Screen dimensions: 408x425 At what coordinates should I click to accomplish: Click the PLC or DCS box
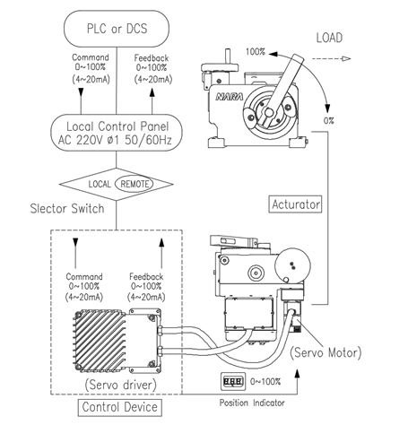(117, 29)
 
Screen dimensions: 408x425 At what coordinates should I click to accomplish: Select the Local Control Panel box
(117, 133)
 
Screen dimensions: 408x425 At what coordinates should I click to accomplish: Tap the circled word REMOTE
(134, 184)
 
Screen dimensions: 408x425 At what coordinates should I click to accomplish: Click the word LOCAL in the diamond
(100, 184)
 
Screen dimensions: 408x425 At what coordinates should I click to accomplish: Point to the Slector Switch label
(67, 208)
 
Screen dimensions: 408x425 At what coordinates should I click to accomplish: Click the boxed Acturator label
(295, 204)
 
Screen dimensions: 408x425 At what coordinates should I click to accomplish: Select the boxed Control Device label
(120, 407)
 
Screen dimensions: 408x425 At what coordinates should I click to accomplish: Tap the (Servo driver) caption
(120, 385)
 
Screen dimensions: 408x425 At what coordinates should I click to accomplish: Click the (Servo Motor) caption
(326, 352)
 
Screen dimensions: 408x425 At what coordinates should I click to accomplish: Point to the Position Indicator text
(252, 403)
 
